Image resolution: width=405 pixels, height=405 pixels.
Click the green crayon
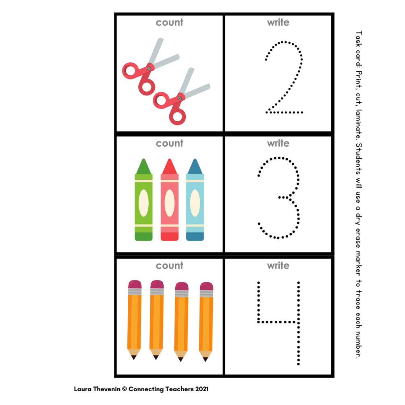tap(143, 199)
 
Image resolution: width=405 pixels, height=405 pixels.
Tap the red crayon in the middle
tap(169, 199)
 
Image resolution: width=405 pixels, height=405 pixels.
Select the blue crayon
tap(195, 199)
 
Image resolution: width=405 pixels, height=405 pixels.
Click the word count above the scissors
tap(169, 23)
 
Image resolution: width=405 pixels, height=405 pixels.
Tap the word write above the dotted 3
tap(278, 143)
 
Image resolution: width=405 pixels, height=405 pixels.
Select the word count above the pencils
tap(169, 266)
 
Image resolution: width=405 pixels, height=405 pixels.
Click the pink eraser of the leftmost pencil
tap(135, 284)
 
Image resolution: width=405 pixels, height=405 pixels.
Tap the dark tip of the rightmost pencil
tap(206, 359)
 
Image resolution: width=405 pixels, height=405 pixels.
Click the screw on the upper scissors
tap(149, 69)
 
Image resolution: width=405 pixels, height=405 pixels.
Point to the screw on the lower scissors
tap(180, 98)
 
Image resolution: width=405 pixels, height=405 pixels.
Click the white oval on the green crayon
tap(143, 203)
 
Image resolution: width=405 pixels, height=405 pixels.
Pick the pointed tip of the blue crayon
tap(195, 160)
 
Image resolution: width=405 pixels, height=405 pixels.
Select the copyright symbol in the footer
tap(125, 389)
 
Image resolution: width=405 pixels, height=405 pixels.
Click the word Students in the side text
tap(359, 159)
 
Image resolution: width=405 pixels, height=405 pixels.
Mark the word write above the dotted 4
tap(278, 266)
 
